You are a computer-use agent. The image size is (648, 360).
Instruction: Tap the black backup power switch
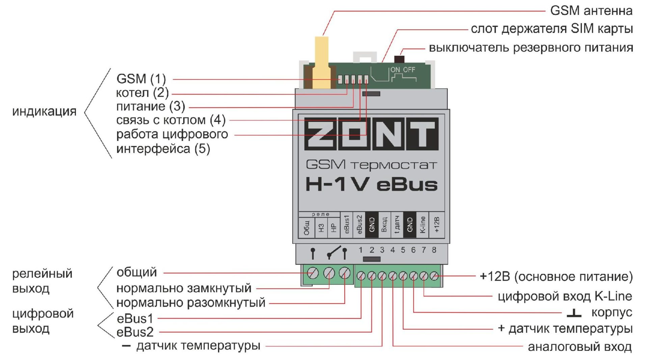click(399, 59)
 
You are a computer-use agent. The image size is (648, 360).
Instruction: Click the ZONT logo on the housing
click(371, 134)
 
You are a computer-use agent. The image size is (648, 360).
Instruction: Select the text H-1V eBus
click(371, 184)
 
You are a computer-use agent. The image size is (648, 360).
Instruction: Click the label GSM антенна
click(591, 11)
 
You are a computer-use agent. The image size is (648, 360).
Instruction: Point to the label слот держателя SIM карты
click(551, 29)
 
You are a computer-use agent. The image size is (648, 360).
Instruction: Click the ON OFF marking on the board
click(403, 70)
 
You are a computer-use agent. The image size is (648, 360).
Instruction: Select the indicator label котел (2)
click(142, 93)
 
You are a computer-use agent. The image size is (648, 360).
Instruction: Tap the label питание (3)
click(151, 106)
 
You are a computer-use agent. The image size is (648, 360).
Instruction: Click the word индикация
click(44, 111)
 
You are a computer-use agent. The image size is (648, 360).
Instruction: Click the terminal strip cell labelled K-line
click(423, 225)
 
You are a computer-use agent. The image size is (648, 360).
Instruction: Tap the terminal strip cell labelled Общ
click(306, 228)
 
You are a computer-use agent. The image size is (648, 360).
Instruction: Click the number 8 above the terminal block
click(434, 250)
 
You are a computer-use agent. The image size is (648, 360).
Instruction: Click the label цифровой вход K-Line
click(565, 297)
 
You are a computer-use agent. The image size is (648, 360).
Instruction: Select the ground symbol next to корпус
click(574, 313)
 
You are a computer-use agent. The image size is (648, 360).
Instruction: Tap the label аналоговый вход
click(579, 347)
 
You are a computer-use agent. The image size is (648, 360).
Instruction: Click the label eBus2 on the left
click(135, 333)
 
